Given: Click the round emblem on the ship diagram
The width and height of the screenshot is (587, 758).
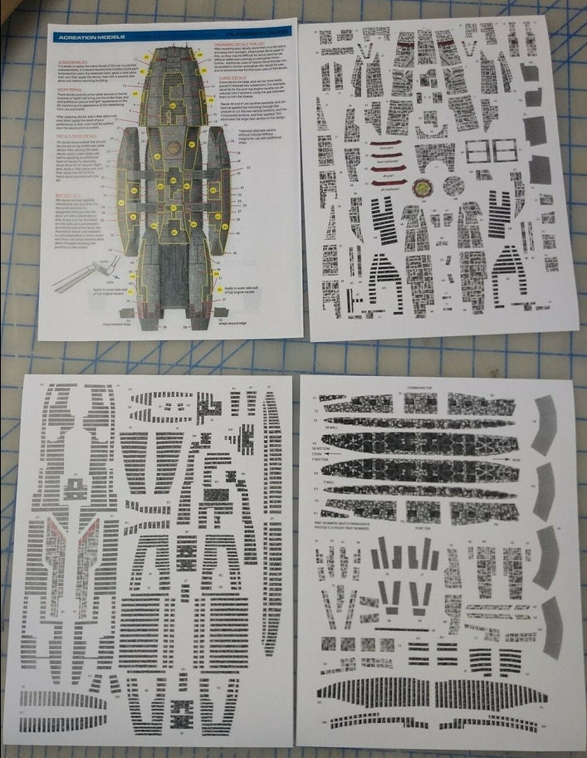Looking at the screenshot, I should click(173, 130).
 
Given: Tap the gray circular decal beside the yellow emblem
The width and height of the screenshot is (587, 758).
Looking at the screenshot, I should click(453, 185).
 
